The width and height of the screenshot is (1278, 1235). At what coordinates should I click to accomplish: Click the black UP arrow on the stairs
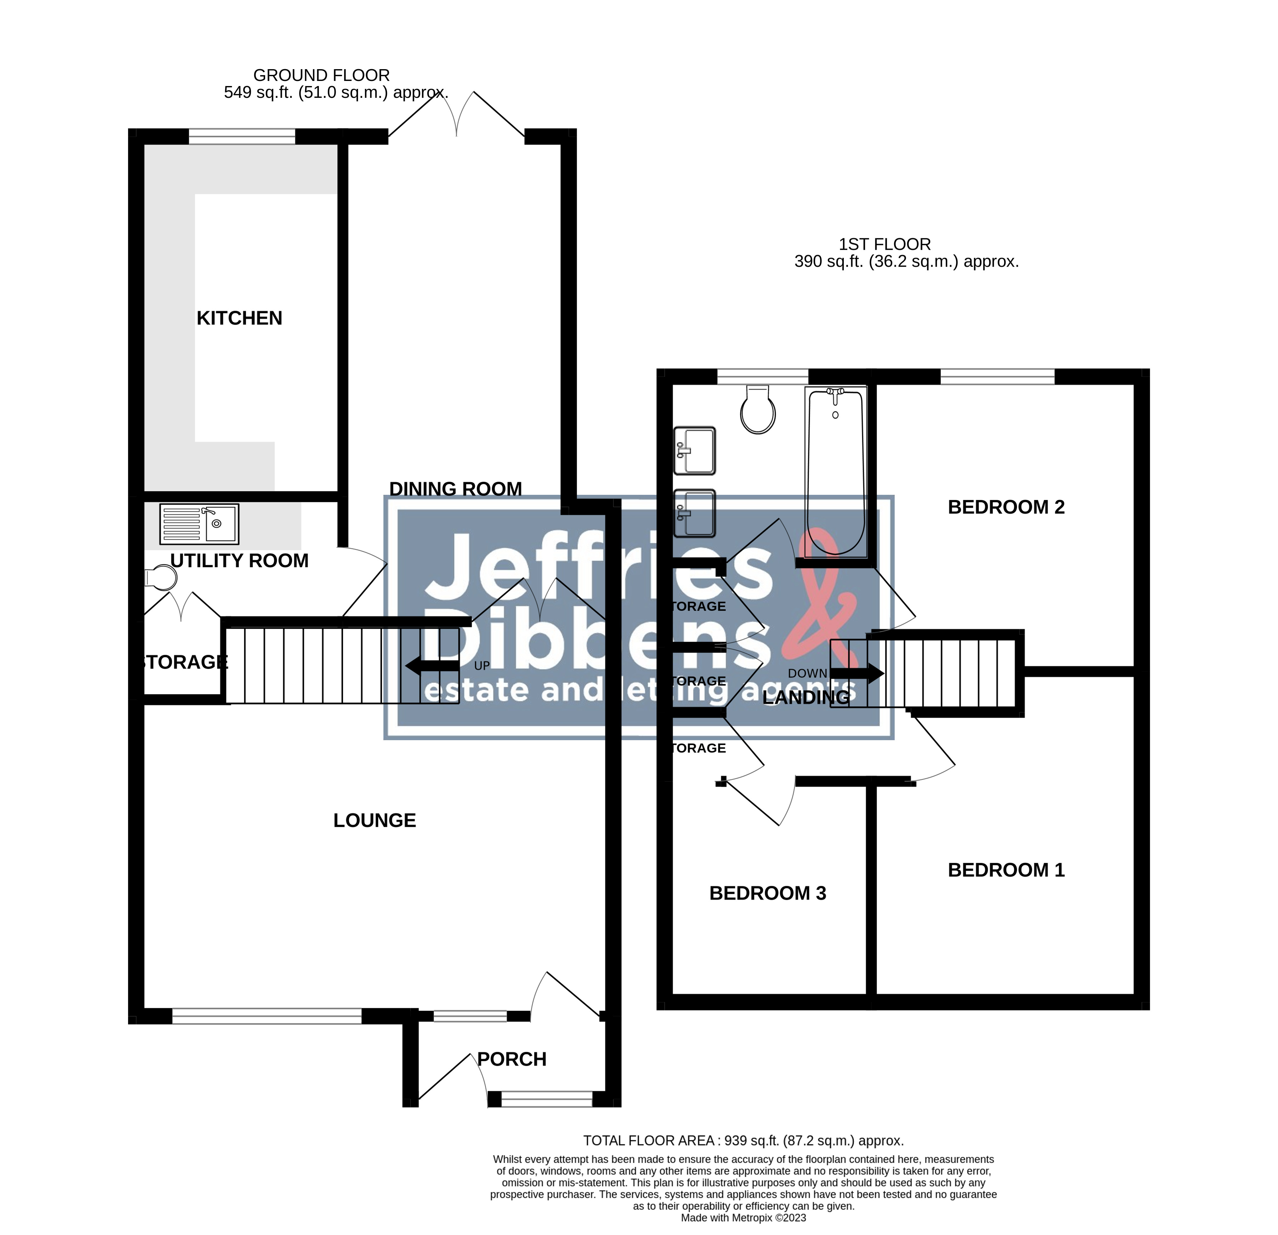[x=432, y=666]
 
